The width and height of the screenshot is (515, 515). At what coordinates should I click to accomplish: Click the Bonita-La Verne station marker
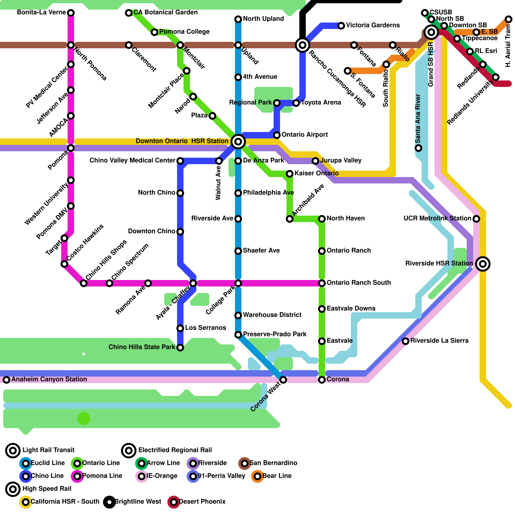click(71, 13)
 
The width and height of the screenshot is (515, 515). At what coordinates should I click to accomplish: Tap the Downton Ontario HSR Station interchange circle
click(238, 141)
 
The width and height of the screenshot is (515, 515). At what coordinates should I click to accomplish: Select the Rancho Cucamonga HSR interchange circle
click(303, 45)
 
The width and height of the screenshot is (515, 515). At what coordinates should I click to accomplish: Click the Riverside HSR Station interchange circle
click(483, 264)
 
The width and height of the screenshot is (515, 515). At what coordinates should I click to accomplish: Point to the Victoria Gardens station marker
click(341, 26)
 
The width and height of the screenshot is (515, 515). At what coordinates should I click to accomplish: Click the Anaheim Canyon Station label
click(49, 379)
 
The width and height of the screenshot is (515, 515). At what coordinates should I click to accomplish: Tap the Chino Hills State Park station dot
click(180, 348)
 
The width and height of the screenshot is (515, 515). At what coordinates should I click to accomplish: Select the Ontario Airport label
click(304, 135)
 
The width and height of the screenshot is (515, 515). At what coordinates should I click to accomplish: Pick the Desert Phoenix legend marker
click(174, 502)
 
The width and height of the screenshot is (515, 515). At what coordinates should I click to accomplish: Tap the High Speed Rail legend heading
click(47, 489)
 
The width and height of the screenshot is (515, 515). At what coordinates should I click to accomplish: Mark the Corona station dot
click(322, 380)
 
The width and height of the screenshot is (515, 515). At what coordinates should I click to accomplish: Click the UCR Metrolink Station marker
click(476, 219)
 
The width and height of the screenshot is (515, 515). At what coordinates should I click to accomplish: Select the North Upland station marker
click(238, 19)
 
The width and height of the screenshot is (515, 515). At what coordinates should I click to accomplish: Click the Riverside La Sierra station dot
click(406, 341)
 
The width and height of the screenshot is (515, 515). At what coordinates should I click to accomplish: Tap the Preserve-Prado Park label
click(275, 334)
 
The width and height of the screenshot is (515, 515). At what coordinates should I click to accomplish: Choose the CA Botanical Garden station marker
click(129, 13)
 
